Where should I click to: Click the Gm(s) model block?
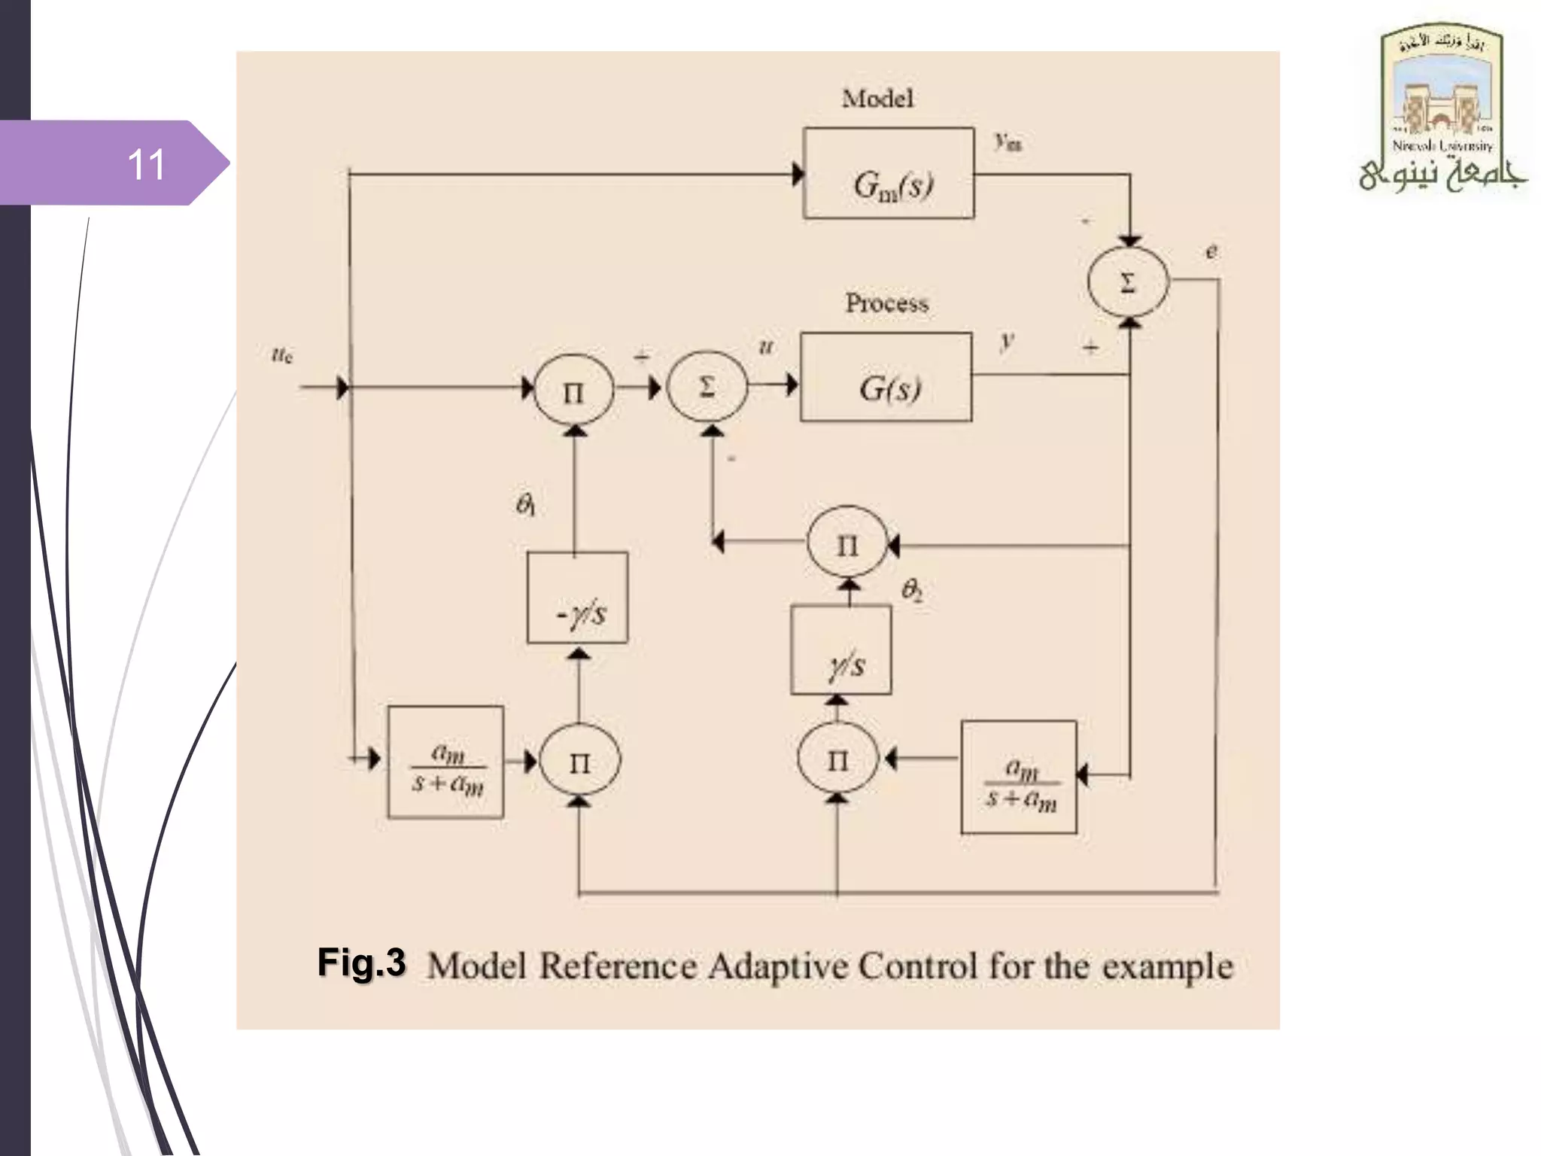click(889, 174)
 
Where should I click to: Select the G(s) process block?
click(886, 377)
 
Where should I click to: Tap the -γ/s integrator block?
click(577, 598)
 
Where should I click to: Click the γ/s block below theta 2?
click(841, 650)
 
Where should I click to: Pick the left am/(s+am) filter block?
click(445, 762)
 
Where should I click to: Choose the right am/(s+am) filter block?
click(1019, 777)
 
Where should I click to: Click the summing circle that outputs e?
click(1128, 281)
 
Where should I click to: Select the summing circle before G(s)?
click(707, 386)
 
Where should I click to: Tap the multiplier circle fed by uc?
click(573, 391)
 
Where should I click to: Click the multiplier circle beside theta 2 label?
click(846, 544)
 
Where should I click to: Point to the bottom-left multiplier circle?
click(579, 761)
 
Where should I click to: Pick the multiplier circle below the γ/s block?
click(837, 759)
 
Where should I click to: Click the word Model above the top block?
click(877, 99)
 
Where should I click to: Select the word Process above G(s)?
click(886, 303)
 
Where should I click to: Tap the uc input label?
click(282, 354)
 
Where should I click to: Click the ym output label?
click(1008, 141)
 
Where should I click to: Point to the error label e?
click(1211, 251)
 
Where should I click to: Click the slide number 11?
click(146, 163)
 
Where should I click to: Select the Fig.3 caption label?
click(361, 963)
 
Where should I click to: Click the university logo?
click(1442, 109)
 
